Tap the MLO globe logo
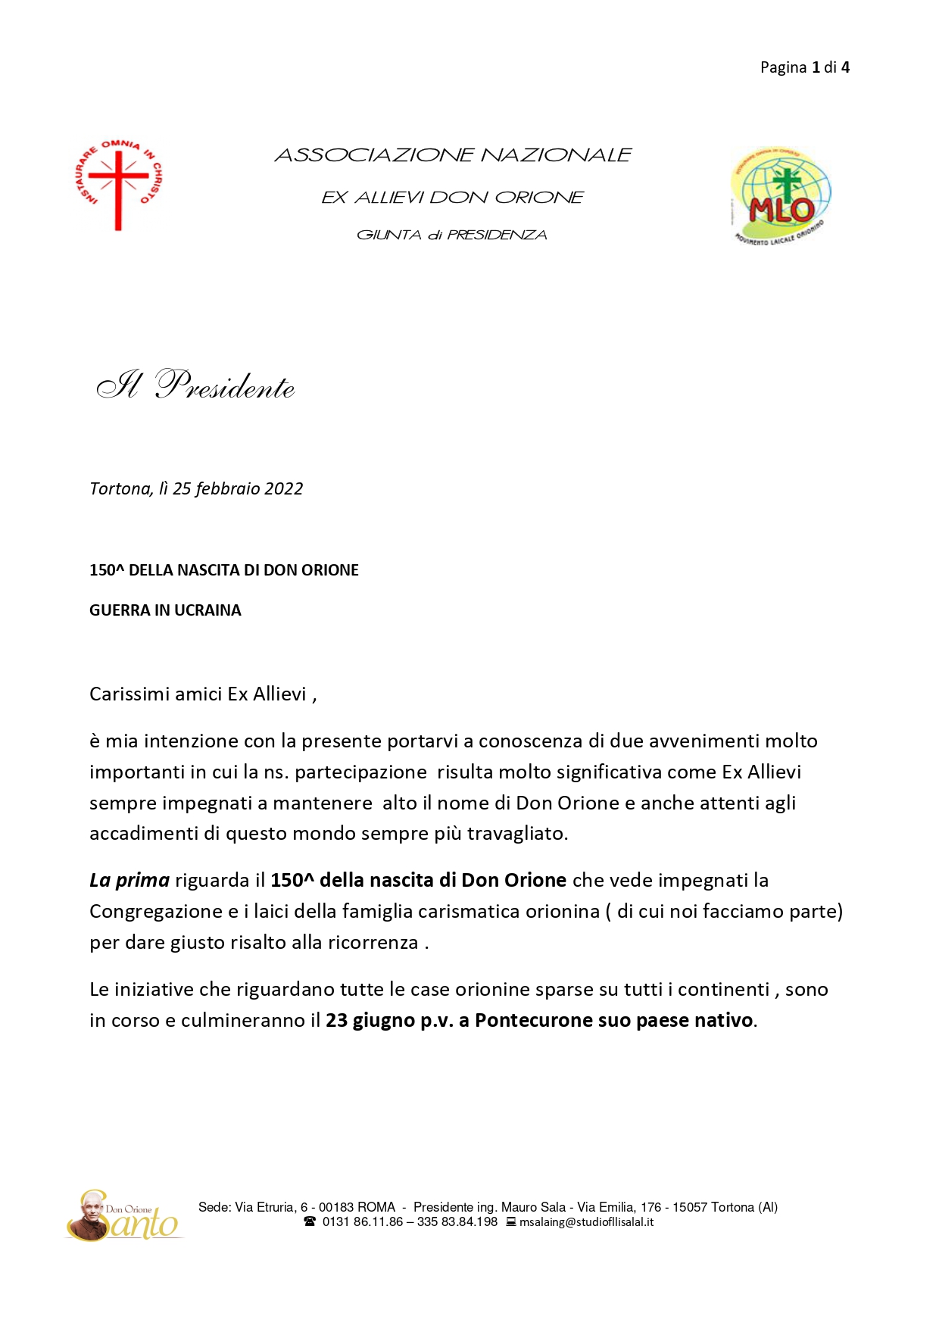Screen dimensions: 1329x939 780,195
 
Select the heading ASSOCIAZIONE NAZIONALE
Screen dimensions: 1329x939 452,155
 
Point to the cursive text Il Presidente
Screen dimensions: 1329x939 195,385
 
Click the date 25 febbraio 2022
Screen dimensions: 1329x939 238,489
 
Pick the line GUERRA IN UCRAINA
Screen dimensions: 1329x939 165,610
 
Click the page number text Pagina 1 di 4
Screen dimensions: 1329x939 804,67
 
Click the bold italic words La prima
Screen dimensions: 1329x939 129,881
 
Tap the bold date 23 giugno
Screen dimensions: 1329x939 370,1021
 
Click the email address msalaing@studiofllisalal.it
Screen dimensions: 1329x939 586,1222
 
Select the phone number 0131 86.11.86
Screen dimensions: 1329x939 363,1222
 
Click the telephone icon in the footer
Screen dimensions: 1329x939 310,1222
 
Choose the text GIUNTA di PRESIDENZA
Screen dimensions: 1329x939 451,236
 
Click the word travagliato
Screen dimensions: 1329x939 516,834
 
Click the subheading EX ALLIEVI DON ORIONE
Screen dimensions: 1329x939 452,198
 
